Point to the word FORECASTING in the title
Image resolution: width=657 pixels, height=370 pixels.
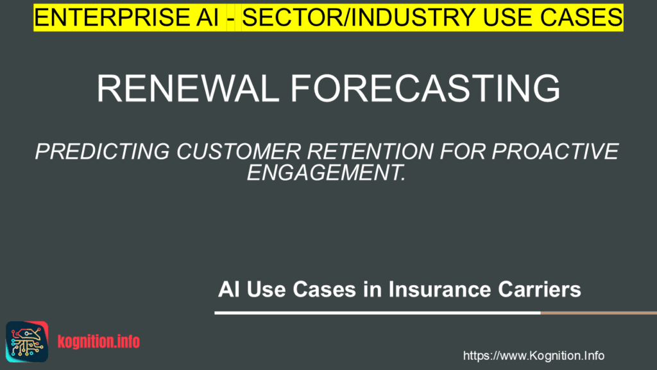coord(425,88)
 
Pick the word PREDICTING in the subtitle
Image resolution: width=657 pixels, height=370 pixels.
coord(102,152)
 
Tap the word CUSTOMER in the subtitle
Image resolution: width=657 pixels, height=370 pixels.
coord(239,152)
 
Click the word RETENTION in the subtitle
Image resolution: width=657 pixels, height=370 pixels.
coord(370,152)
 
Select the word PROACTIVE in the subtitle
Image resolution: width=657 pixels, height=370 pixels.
coord(555,152)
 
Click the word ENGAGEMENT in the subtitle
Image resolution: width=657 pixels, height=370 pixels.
coord(326,172)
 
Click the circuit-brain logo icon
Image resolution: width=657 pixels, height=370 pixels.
coord(27,342)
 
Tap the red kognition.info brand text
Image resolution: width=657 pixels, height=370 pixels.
coord(99,342)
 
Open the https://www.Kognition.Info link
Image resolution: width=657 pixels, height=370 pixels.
coord(533,356)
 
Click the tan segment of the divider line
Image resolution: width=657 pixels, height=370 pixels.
coord(599,313)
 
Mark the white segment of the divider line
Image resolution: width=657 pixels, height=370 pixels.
coord(377,313)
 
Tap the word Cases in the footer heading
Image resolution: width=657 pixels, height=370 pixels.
coord(324,289)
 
